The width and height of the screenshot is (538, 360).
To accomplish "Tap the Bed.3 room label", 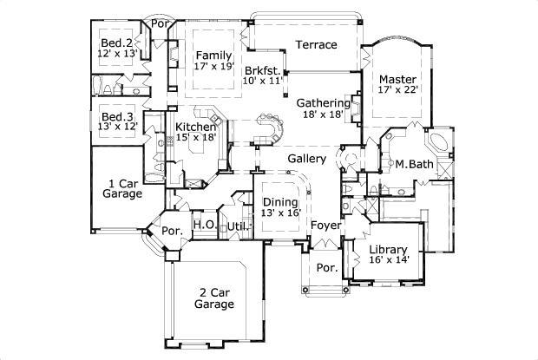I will point(116,117).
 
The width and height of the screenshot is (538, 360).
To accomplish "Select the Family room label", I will point(213,56).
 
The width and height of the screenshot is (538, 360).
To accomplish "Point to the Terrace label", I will point(316,44).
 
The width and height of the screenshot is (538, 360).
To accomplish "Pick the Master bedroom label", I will point(397,79).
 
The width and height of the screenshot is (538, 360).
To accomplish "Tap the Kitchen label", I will point(195,126).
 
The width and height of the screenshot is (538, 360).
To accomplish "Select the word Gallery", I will point(306,159).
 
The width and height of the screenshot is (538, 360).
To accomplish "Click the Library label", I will point(388,247).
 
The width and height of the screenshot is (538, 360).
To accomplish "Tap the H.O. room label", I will point(204,225).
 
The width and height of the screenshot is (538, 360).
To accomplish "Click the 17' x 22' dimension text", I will point(397,89).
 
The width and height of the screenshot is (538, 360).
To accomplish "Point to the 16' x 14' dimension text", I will point(388,259).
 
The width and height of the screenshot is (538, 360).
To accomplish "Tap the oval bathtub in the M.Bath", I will point(438,141).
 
